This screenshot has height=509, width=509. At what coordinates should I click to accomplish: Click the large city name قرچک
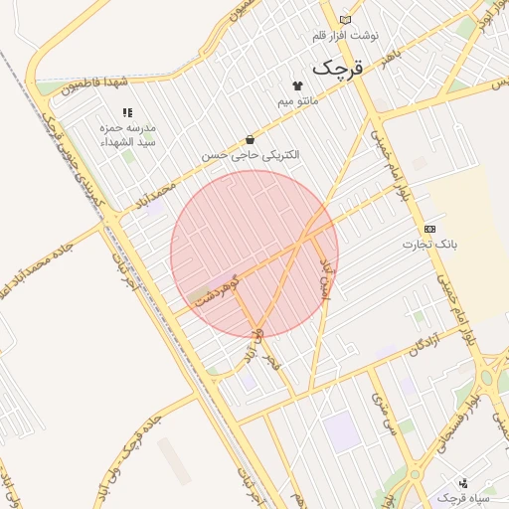pyautogui.click(x=339, y=68)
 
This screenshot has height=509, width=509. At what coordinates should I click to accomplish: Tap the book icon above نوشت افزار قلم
pyautogui.click(x=345, y=20)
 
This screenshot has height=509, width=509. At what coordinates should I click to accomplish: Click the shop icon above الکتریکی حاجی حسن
pyautogui.click(x=249, y=140)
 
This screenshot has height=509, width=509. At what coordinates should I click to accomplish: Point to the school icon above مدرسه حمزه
pyautogui.click(x=126, y=113)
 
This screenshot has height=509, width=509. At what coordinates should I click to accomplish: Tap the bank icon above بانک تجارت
pyautogui.click(x=429, y=229)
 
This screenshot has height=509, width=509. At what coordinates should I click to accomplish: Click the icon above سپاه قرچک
pyautogui.click(x=463, y=483)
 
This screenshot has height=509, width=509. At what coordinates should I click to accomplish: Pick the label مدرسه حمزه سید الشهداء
pyautogui.click(x=125, y=135)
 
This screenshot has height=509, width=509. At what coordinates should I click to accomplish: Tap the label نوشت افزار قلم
pyautogui.click(x=345, y=35)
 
